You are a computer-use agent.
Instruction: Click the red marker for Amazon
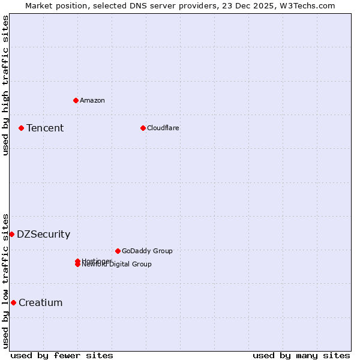tap(76, 100)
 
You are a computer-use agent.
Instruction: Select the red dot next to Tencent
tap(21, 128)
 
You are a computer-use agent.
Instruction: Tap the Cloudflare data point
tap(143, 128)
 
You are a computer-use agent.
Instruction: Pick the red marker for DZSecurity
tap(11, 234)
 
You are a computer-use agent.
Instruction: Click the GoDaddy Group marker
tap(118, 251)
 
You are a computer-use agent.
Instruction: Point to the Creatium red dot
tap(13, 302)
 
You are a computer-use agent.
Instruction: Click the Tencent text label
tap(45, 128)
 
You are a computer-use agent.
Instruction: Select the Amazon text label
tap(92, 100)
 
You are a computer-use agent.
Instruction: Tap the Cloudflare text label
tap(163, 128)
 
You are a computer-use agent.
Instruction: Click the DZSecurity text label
tap(43, 234)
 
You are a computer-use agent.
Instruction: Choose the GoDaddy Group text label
tap(147, 251)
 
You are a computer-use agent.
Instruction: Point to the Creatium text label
tap(40, 302)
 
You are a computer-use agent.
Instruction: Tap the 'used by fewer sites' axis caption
tap(62, 355)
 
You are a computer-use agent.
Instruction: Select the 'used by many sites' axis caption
tap(301, 355)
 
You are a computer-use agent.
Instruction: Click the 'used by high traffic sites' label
tap(5, 85)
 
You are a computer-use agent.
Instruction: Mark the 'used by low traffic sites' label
tap(5, 281)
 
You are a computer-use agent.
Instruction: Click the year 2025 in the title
tap(259, 5)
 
